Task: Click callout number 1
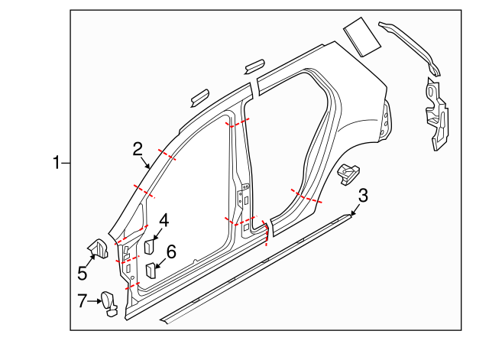click(x=57, y=162)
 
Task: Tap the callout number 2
click(x=138, y=148)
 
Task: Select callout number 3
click(x=363, y=196)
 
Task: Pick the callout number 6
click(x=171, y=251)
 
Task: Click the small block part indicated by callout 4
click(x=150, y=246)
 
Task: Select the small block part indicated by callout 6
click(x=152, y=269)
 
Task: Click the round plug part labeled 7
click(x=109, y=301)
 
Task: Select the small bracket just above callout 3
click(x=348, y=172)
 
